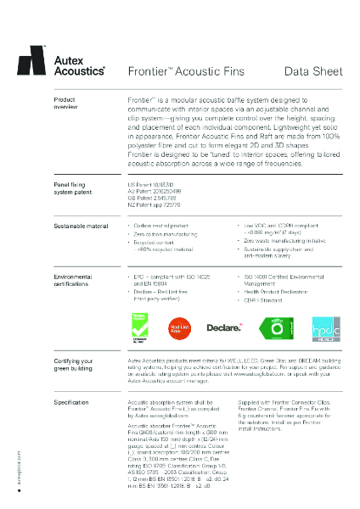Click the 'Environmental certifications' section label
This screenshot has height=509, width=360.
click(73, 281)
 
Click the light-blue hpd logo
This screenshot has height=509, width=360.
click(326, 327)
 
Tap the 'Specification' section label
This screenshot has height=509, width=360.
click(65, 400)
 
